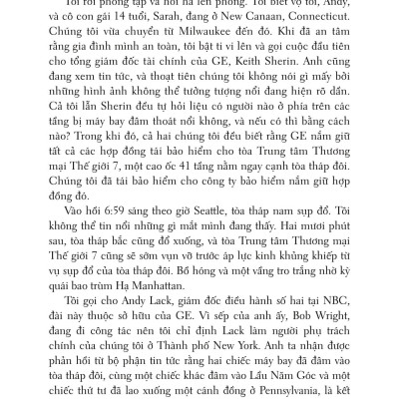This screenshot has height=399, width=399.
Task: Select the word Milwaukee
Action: coord(207,46)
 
